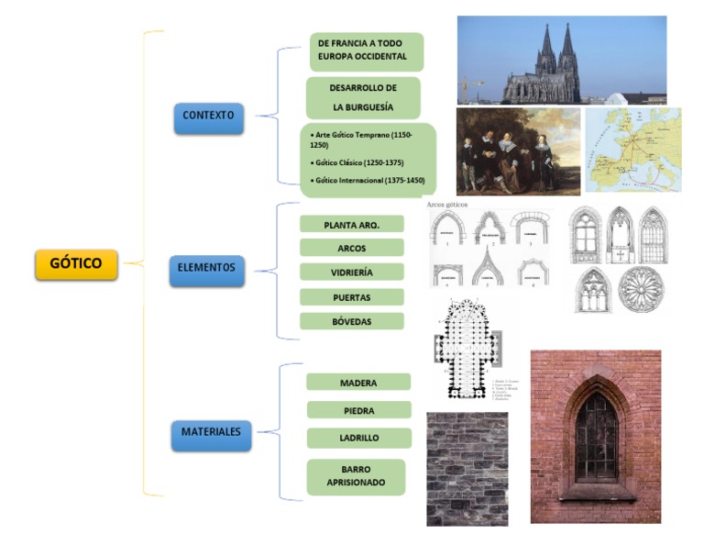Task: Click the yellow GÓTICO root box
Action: (76, 263)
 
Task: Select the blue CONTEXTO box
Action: (208, 117)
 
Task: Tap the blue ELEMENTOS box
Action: (207, 269)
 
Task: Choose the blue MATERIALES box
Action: (210, 432)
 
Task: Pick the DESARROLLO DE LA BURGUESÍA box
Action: (363, 97)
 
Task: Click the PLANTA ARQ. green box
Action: (351, 225)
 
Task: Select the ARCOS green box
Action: (351, 248)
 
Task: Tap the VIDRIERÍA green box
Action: (351, 272)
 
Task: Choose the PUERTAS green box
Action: (351, 297)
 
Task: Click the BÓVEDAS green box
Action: (351, 322)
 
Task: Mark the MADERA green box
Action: (357, 383)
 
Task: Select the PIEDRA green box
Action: (357, 410)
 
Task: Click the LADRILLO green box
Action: (358, 439)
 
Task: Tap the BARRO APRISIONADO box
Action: (356, 476)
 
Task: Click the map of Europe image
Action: (632, 150)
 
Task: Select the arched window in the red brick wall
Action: (596, 437)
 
